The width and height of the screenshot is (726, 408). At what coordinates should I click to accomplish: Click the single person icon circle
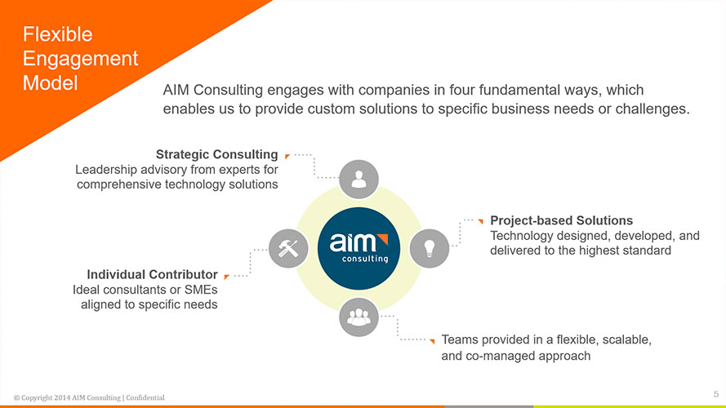[x=359, y=180]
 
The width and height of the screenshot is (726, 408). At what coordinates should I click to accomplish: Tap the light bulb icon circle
[x=430, y=248]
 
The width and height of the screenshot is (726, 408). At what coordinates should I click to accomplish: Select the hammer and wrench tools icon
[x=288, y=248]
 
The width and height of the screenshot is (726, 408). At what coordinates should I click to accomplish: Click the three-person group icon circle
[x=359, y=317]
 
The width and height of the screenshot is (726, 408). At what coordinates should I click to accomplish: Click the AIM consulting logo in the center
[x=359, y=248]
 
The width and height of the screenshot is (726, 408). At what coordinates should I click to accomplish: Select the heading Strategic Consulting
[x=216, y=154]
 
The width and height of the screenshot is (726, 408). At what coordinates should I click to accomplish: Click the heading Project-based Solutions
[x=561, y=220]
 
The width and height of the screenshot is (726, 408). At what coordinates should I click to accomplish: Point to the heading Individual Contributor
[x=153, y=275]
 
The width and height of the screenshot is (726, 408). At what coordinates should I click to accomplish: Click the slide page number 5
[x=716, y=394]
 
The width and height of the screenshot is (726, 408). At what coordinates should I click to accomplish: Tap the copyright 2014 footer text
[x=89, y=397]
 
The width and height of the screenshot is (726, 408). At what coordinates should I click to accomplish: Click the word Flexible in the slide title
[x=58, y=35]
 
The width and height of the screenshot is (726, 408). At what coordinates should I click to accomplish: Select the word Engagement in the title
[x=81, y=59]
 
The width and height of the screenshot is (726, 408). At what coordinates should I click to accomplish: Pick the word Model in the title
[x=51, y=83]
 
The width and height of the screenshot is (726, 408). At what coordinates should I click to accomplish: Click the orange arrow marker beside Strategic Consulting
[x=287, y=157]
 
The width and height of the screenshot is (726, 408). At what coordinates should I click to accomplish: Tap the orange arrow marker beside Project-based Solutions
[x=481, y=221]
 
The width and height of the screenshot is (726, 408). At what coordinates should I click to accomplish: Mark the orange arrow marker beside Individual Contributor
[x=226, y=277]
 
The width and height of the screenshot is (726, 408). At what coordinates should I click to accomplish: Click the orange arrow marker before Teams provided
[x=432, y=341]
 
